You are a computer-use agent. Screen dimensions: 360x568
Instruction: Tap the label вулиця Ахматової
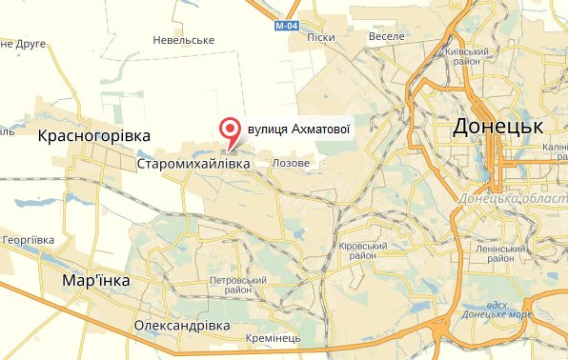click(x=300, y=127)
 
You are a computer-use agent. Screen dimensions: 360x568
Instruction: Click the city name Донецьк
click(x=497, y=127)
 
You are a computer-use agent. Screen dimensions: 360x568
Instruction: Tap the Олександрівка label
click(x=181, y=325)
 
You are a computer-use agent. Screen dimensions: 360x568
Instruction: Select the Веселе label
click(x=386, y=36)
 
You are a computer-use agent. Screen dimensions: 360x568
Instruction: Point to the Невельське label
click(x=184, y=40)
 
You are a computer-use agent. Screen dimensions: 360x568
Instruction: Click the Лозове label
click(x=291, y=164)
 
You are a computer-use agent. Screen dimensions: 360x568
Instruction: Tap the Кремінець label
click(x=273, y=339)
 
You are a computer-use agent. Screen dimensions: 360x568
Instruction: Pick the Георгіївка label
click(x=30, y=240)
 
